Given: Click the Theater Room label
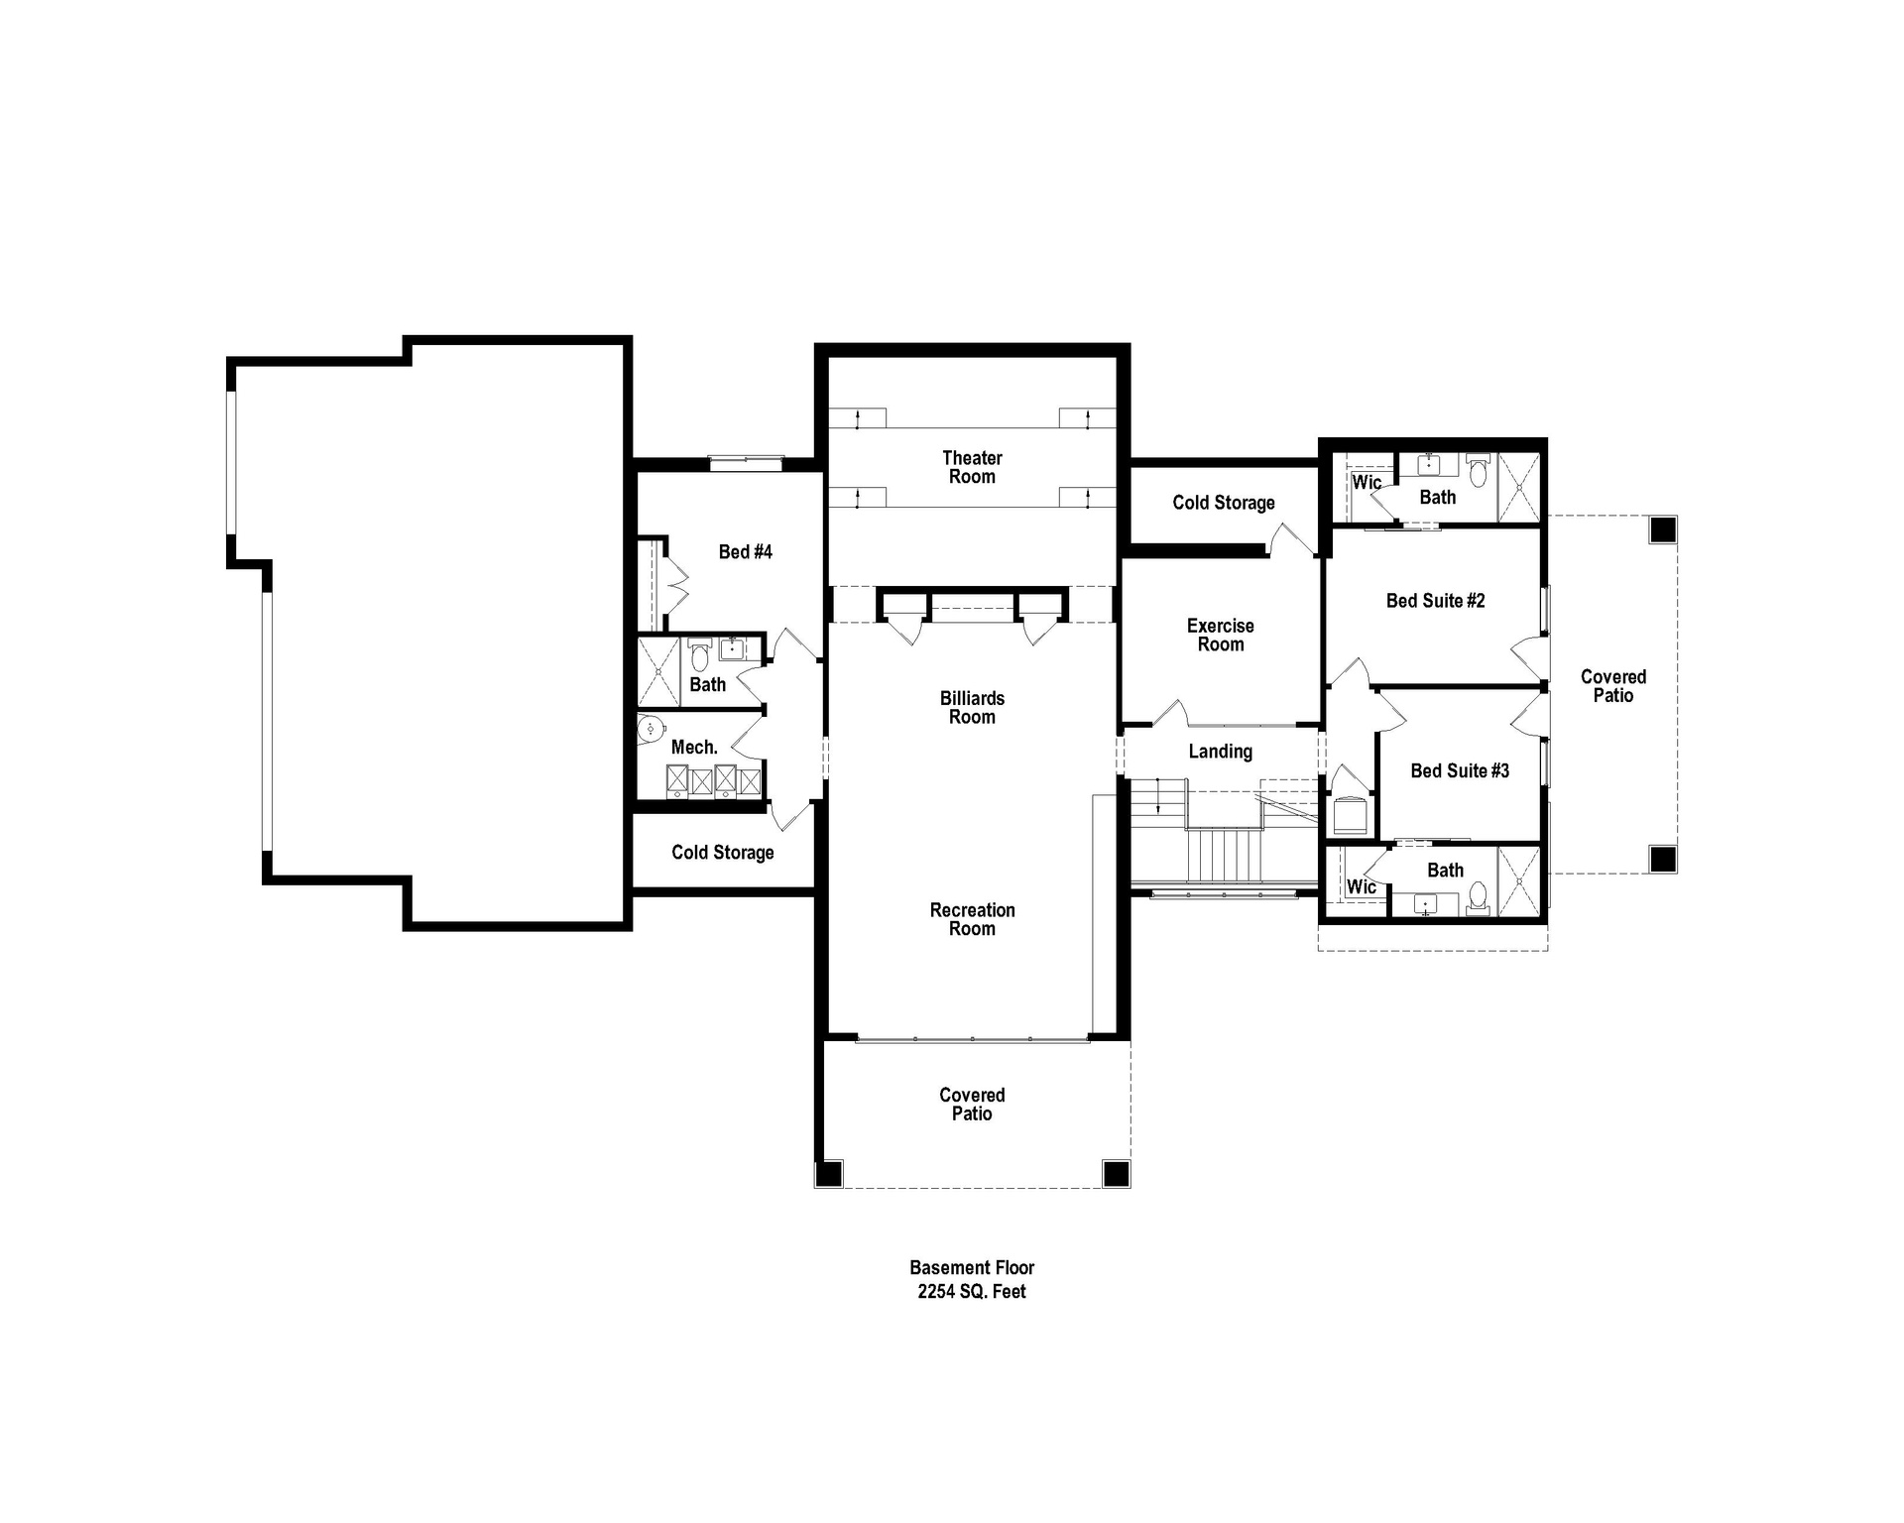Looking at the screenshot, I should (972, 467).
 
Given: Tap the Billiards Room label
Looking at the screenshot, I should (972, 707).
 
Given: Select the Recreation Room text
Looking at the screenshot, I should (972, 919).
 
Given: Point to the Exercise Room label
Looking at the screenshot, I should (1220, 635).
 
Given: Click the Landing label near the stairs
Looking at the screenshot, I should (1220, 752).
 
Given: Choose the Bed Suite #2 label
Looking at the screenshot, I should (1435, 600).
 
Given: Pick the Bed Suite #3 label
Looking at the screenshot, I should (1459, 770).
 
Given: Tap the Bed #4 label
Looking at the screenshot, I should (745, 551).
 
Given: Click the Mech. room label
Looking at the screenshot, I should (694, 747).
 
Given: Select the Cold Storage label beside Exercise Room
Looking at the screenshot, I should (1223, 503).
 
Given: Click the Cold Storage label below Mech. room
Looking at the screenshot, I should (722, 852).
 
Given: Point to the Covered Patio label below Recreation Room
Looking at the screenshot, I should (972, 1104).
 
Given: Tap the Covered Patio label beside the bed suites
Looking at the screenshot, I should (1612, 685).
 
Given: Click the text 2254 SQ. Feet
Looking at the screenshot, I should (972, 1291).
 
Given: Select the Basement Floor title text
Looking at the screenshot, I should (972, 1267).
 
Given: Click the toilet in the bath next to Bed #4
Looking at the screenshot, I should (699, 655).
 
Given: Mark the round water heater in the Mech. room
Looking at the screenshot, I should (651, 729).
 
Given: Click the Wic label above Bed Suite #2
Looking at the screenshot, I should (1367, 482).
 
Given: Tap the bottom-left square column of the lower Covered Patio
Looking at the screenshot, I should (828, 1173).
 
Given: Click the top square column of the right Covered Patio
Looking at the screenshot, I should (1662, 529).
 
